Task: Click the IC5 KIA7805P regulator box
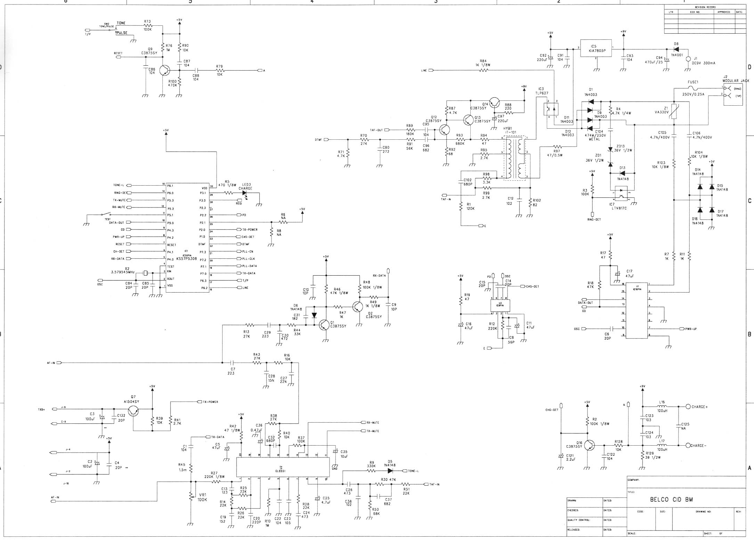click(597, 50)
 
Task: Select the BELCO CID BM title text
click(671, 500)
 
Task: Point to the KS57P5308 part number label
click(186, 259)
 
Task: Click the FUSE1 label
click(693, 82)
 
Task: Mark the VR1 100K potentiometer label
click(202, 497)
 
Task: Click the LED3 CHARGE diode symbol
click(245, 193)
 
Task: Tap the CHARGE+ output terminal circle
click(688, 407)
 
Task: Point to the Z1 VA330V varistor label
click(662, 110)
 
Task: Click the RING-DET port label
click(594, 219)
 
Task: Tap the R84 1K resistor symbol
click(484, 70)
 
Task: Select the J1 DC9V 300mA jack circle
click(688, 59)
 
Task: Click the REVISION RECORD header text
click(705, 7)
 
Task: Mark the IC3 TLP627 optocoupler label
click(542, 91)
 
